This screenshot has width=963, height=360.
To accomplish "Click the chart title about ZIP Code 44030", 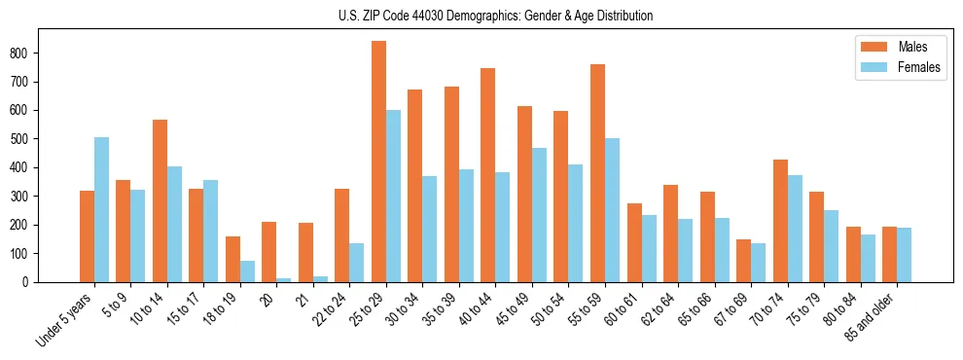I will [x=481, y=16].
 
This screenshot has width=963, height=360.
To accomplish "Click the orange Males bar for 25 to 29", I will [x=378, y=162].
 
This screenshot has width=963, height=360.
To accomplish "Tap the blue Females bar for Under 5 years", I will [x=101, y=210].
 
